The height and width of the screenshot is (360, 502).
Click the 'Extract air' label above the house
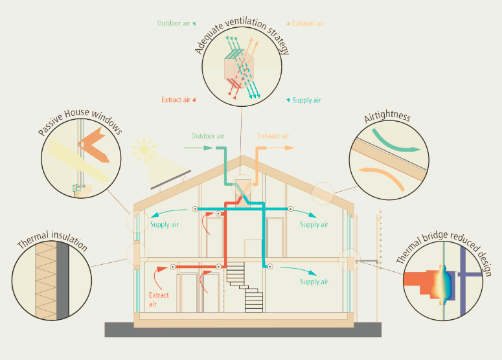click(176, 100)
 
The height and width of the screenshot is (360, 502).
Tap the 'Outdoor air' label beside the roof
click(207, 136)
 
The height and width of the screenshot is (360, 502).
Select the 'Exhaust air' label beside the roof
click(273, 136)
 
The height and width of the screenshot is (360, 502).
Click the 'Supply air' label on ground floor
click(314, 282)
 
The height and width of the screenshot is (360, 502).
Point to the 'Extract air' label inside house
click(159, 299)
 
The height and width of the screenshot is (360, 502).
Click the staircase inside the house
click(245, 284)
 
